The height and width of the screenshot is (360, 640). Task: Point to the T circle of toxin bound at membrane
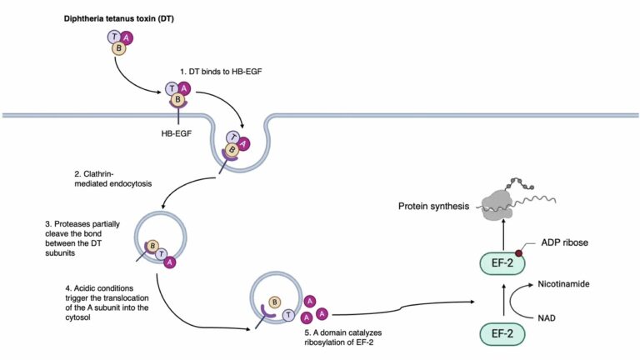(x=172, y=89)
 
